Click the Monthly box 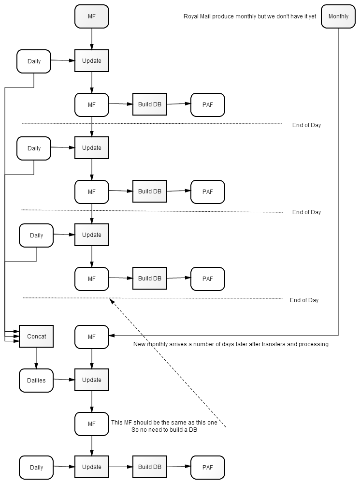click(338, 16)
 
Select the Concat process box click(36, 336)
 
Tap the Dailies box click(36, 380)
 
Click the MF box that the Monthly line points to click(92, 337)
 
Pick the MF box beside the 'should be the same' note click(92, 424)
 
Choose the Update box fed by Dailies click(92, 380)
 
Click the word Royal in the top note click(190, 16)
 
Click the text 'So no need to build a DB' click(164, 430)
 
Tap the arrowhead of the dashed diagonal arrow click(111, 300)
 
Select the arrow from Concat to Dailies click(36, 358)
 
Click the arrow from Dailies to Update click(64, 380)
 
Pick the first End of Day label click(307, 125)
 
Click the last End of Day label click(304, 300)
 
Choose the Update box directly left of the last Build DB click(92, 467)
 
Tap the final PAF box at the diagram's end click(208, 468)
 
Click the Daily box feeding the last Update click(36, 468)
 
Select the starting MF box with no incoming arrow click(92, 16)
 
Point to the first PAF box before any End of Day click(208, 104)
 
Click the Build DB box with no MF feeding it click(150, 467)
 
